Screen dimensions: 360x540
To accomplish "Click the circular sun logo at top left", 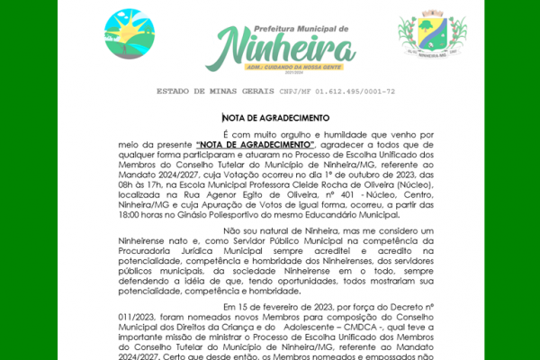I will tap(129, 33).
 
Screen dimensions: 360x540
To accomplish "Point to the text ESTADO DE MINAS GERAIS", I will tap(210, 91).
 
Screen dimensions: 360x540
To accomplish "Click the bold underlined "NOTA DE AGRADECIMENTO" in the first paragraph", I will tap(255, 145).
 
